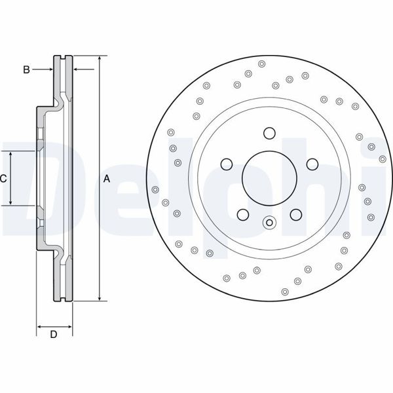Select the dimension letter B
tap(26, 69)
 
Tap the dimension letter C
tap(3, 178)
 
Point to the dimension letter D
tap(54, 335)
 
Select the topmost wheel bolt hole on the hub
tap(269, 134)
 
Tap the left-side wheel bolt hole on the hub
tap(226, 164)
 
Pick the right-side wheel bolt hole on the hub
tap(312, 164)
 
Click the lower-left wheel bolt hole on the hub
tap(242, 214)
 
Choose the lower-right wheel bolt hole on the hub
tap(295, 214)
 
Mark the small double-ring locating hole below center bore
tap(269, 223)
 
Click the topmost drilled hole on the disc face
tap(261, 64)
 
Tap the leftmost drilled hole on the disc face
tap(155, 190)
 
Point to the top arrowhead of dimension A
tap(99, 58)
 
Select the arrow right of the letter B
tap(48, 69)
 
